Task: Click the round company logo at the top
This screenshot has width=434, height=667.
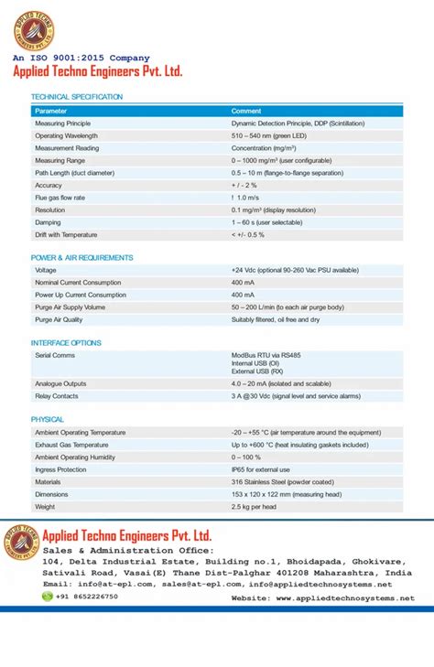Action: point(34,29)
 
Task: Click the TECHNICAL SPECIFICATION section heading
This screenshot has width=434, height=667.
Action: point(77,97)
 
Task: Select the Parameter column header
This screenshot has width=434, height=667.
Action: point(51,111)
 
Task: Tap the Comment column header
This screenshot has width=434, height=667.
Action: point(246,111)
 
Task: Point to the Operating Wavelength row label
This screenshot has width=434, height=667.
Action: point(66,135)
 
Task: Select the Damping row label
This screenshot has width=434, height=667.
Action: point(48,222)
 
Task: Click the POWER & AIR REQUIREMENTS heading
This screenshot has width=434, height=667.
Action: point(81,258)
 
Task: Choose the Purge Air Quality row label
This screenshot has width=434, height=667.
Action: point(59,320)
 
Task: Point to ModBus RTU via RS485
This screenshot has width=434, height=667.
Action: point(266,354)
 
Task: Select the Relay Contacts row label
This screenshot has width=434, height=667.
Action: point(57,396)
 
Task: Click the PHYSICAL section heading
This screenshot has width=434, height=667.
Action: point(48,419)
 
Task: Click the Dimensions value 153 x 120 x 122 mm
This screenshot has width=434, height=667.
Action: point(286,494)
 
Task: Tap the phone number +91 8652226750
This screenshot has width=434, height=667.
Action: point(86,597)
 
